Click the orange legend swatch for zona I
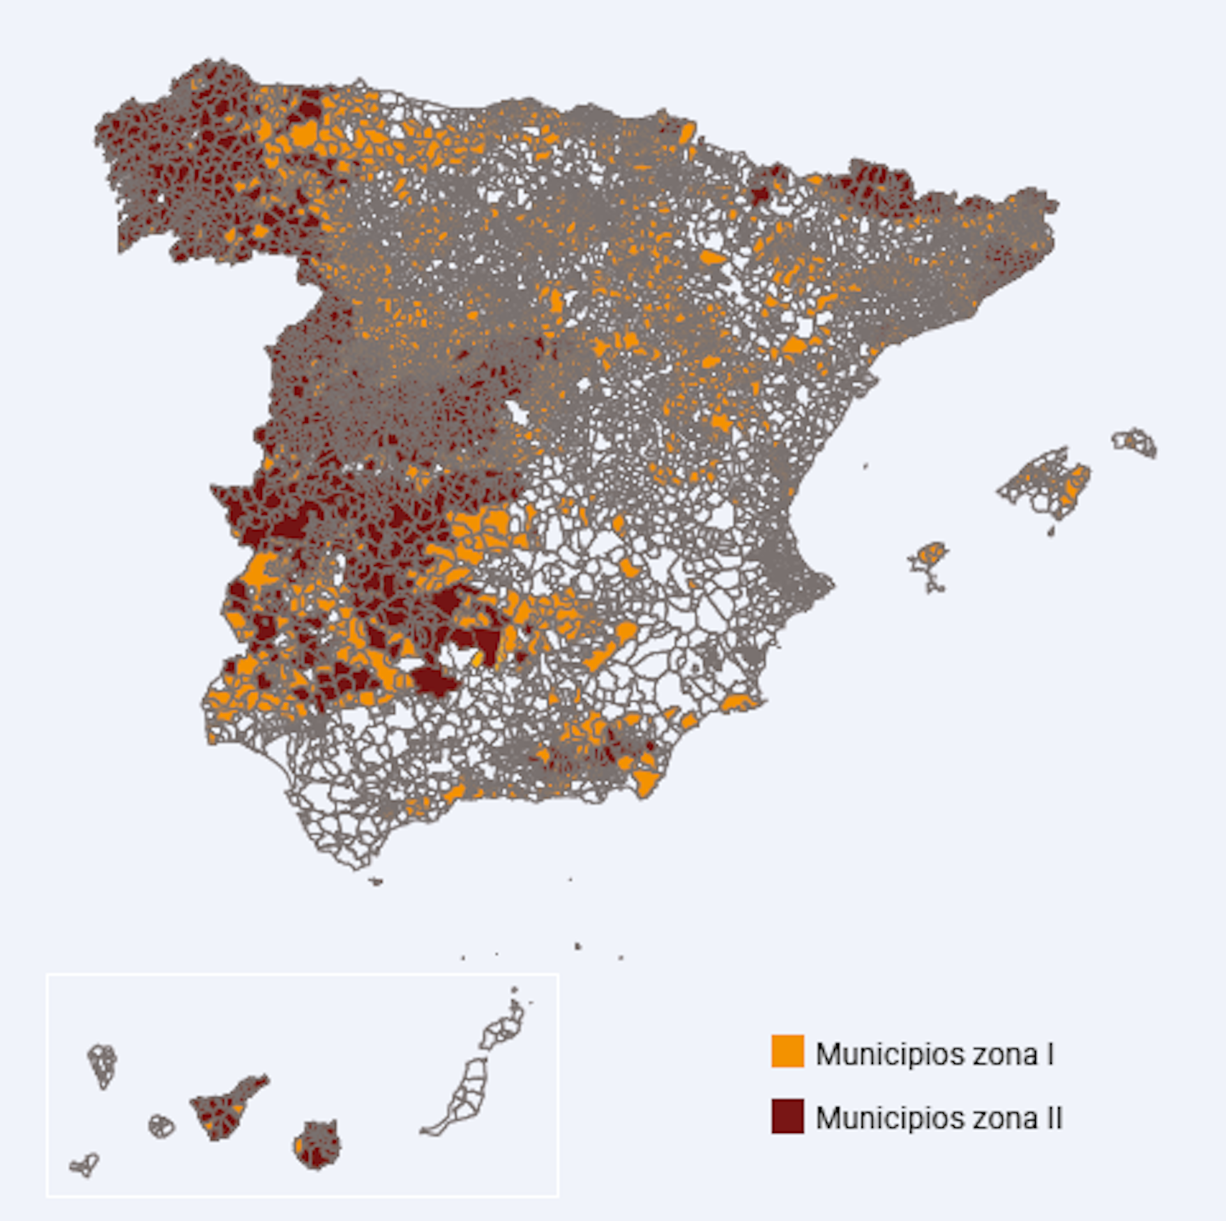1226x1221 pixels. tap(787, 1050)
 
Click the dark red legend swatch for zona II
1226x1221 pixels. tap(787, 1116)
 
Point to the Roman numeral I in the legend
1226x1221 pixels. tap(1050, 1054)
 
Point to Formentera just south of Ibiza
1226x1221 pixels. tap(935, 586)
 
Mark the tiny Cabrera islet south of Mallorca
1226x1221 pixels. tap(1052, 531)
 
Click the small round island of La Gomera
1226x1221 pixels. tap(162, 1126)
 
